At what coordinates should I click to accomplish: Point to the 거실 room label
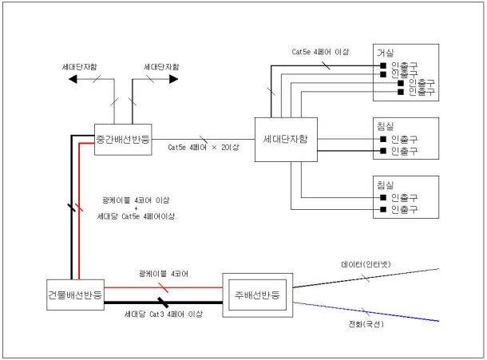[386, 50]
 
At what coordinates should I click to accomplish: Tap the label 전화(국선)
[365, 328]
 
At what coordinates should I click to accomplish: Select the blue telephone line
[375, 312]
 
